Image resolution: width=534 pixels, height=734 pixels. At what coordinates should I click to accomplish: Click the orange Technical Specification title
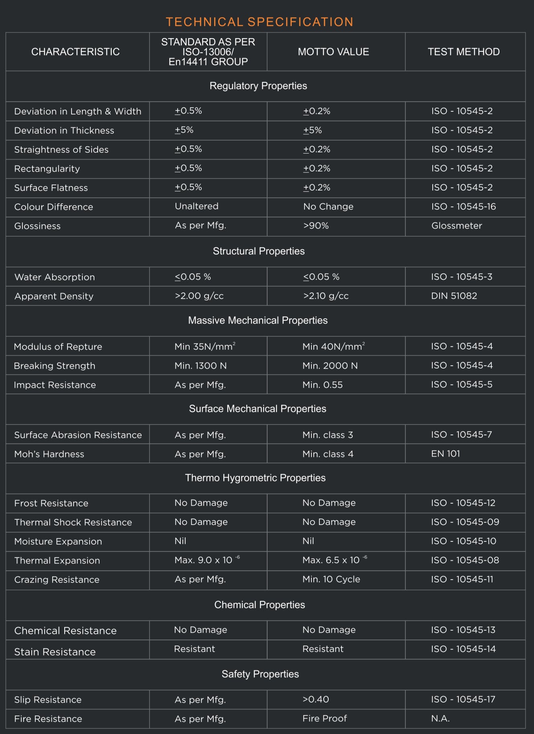(260, 22)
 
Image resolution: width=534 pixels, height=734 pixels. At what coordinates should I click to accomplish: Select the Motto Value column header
(333, 52)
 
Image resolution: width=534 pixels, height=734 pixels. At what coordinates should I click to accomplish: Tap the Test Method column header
(463, 52)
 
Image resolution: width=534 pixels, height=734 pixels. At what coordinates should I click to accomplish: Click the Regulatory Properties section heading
(258, 86)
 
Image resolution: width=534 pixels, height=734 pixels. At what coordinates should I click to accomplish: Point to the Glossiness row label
(37, 226)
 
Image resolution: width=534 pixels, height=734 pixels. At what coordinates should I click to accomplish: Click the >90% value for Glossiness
(316, 226)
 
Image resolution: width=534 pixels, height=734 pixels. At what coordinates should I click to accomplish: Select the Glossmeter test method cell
(456, 226)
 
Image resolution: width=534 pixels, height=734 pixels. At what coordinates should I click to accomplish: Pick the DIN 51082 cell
(454, 296)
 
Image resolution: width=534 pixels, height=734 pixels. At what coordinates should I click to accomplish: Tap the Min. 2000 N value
(330, 366)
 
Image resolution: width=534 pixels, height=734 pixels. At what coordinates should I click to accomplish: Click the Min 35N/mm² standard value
(205, 346)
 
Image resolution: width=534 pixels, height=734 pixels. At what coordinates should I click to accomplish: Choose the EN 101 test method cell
(445, 454)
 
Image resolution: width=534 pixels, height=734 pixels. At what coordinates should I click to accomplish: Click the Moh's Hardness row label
(49, 454)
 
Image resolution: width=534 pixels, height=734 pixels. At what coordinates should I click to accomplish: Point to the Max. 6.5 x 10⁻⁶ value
(334, 560)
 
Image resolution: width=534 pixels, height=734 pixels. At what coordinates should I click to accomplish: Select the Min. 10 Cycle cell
(331, 579)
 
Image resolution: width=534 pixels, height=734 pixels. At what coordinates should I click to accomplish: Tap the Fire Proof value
(324, 718)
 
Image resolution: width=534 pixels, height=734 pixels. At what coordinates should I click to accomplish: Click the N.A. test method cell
(440, 719)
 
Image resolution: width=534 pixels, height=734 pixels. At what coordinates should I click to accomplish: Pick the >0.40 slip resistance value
(315, 699)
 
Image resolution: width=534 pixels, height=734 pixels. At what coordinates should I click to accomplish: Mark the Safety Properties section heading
(260, 674)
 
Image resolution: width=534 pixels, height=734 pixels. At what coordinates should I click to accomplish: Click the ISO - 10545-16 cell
(463, 207)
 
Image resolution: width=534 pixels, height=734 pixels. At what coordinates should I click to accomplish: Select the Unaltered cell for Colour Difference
(196, 207)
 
